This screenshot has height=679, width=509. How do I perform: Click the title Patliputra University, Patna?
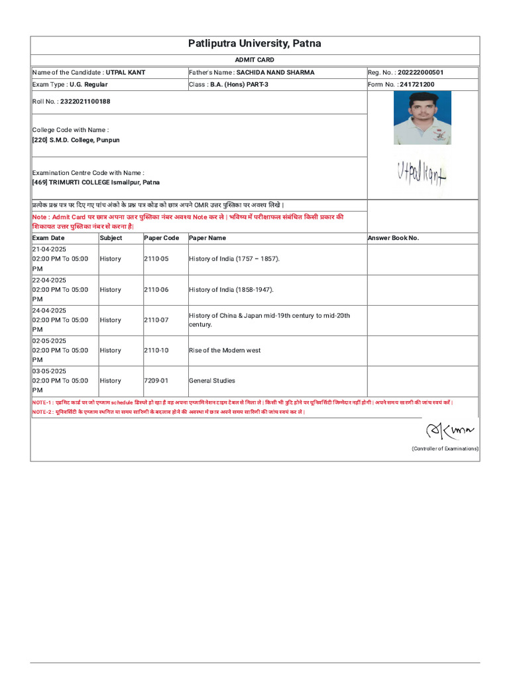pyautogui.click(x=254, y=44)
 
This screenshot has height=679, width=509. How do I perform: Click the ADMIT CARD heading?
pyautogui.click(x=254, y=60)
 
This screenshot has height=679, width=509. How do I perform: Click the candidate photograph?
pyautogui.click(x=422, y=117)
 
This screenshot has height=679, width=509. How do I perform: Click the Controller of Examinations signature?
pyautogui.click(x=450, y=432)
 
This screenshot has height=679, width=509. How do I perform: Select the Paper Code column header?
pyautogui.click(x=162, y=237)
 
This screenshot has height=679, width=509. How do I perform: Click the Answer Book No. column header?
pyautogui.click(x=394, y=237)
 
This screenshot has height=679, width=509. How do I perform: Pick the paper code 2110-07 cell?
pyautogui.click(x=156, y=320)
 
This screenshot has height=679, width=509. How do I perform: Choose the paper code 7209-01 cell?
pyautogui.click(x=156, y=381)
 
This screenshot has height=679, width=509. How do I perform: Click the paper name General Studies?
pyautogui.click(x=212, y=381)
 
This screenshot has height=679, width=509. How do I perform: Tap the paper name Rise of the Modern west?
pyautogui.click(x=225, y=350)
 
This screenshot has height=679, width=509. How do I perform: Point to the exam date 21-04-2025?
pyautogui.click(x=49, y=249)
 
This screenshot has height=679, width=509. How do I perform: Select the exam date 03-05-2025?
pyautogui.click(x=49, y=371)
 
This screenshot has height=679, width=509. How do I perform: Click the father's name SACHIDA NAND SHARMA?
pyautogui.click(x=275, y=72)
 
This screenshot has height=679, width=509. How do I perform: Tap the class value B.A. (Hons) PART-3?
pyautogui.click(x=239, y=85)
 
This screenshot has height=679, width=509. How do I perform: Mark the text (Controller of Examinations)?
pyautogui.click(x=445, y=449)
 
